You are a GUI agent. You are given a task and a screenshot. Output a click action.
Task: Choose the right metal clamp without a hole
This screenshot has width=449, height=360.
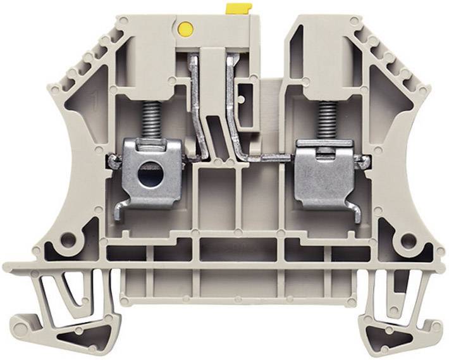pyautogui.click(x=323, y=174)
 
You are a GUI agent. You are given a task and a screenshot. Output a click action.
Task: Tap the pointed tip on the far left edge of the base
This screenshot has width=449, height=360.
pyautogui.click(x=5, y=265)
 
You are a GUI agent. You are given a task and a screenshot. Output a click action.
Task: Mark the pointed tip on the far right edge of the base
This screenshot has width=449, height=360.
pyautogui.click(x=445, y=265)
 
